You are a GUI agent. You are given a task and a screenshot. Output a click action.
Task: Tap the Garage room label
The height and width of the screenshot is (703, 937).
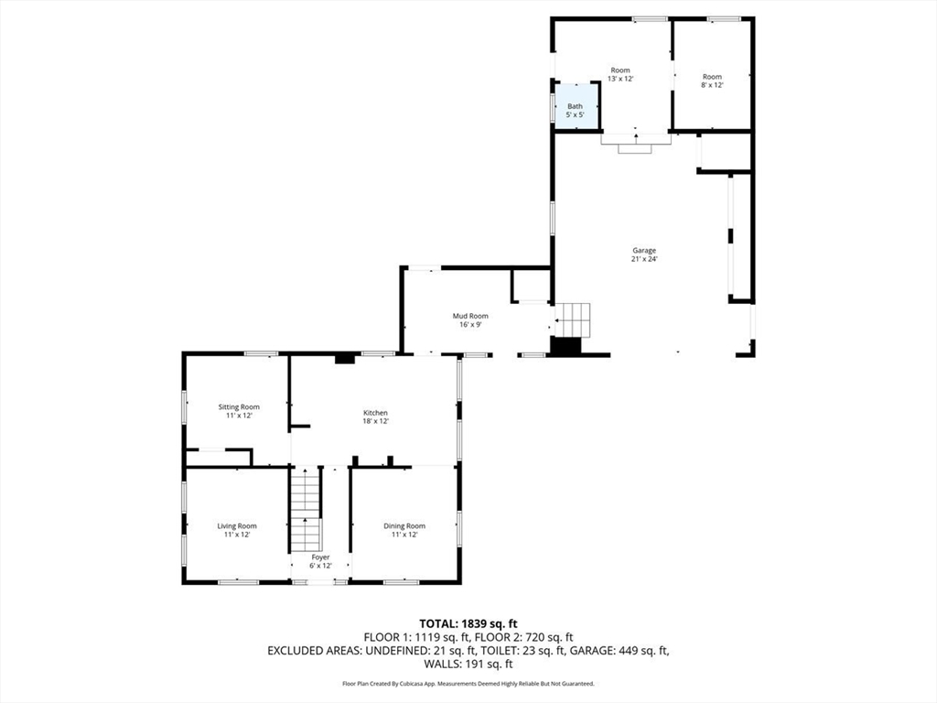point(644,251)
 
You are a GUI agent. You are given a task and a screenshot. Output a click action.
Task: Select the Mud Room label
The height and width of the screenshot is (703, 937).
point(470,316)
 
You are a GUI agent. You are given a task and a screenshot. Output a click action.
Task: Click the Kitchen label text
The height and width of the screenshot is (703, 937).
point(376,413)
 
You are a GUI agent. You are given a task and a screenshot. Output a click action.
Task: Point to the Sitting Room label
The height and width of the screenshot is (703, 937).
point(239,407)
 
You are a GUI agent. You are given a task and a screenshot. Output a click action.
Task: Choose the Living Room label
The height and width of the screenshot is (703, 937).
point(237,526)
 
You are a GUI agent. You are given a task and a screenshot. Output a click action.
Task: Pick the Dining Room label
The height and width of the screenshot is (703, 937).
point(404,526)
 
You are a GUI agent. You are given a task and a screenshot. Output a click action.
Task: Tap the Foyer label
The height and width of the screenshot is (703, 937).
point(321,557)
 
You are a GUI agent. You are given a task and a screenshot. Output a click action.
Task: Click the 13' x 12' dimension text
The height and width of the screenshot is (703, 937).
point(620,79)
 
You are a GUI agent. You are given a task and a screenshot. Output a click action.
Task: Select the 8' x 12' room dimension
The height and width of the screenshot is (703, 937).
point(712,85)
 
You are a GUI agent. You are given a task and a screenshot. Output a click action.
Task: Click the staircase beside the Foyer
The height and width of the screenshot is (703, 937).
point(306,510)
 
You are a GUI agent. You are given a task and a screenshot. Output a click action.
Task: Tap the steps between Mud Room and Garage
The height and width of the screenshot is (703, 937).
point(573,320)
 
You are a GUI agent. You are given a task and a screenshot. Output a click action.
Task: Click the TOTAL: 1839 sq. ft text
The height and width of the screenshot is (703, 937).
point(468,624)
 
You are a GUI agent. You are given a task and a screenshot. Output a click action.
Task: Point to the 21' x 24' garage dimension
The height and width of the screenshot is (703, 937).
point(644,259)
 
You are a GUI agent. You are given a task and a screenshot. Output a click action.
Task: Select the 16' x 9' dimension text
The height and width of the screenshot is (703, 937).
point(470,325)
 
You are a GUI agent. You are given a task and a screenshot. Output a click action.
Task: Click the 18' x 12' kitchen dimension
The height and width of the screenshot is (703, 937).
point(376,421)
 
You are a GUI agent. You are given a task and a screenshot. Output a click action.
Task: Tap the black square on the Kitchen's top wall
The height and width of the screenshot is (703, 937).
point(344,359)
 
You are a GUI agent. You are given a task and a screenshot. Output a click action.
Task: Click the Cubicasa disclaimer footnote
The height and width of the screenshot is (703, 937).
point(468,683)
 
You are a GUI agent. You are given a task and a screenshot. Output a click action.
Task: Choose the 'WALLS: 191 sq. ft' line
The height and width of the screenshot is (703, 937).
point(468,664)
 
